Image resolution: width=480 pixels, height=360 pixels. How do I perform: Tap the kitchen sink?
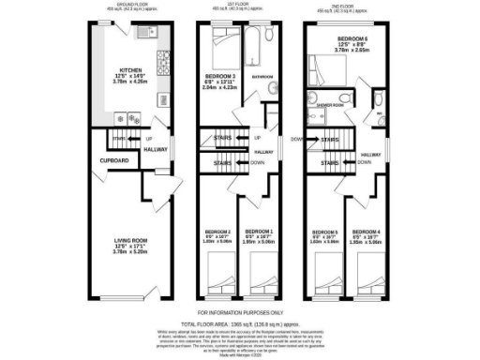[144, 34]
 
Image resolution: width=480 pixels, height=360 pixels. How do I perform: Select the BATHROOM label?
[262, 77]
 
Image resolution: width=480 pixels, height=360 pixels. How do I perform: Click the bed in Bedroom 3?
[225, 40]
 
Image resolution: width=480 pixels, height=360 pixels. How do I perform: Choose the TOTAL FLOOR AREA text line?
[240, 321]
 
